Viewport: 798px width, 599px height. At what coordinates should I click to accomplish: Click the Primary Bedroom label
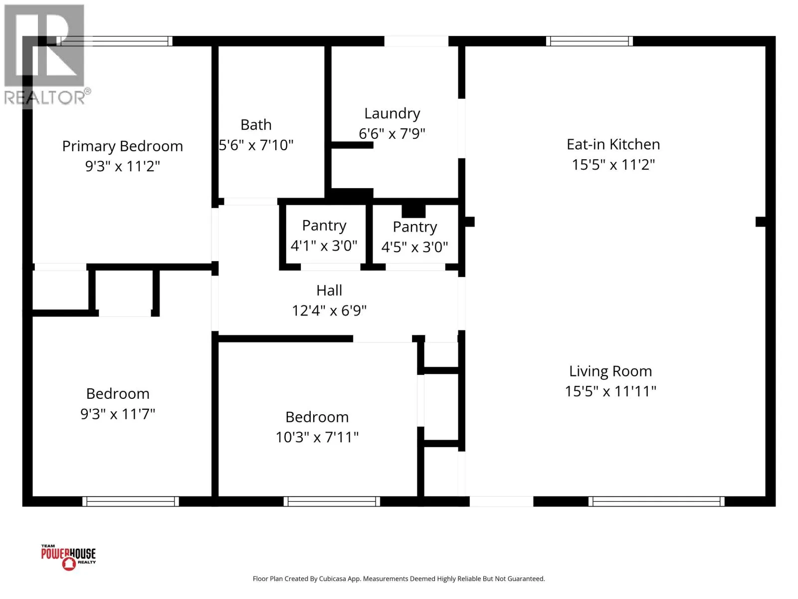point(123,146)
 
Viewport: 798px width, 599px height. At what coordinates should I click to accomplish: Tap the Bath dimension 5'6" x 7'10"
point(256,145)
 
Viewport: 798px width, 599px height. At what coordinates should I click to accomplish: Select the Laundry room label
point(393,113)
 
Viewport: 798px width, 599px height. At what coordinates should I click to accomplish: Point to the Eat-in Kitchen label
point(613,144)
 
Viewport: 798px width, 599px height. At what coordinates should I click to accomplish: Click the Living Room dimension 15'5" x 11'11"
point(610,391)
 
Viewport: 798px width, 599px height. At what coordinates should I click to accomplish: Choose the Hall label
point(329,290)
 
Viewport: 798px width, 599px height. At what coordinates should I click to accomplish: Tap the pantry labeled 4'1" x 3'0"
point(324,235)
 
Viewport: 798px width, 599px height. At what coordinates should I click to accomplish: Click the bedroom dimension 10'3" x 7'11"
point(317,437)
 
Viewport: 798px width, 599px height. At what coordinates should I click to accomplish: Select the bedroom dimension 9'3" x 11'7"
point(118,414)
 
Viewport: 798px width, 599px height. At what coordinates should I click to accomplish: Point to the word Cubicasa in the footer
point(333,579)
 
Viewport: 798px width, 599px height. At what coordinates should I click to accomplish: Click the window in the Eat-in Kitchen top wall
point(590,41)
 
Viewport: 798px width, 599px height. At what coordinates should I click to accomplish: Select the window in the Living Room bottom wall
point(656,502)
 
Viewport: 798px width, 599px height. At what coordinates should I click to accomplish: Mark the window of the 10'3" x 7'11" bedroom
point(332,502)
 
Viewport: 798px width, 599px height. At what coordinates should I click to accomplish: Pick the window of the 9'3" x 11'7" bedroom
point(131,502)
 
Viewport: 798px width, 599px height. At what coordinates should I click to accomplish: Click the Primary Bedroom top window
point(114,41)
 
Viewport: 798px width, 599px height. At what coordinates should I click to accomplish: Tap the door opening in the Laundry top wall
point(416,41)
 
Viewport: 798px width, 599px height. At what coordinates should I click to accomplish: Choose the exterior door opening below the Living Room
point(501,502)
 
